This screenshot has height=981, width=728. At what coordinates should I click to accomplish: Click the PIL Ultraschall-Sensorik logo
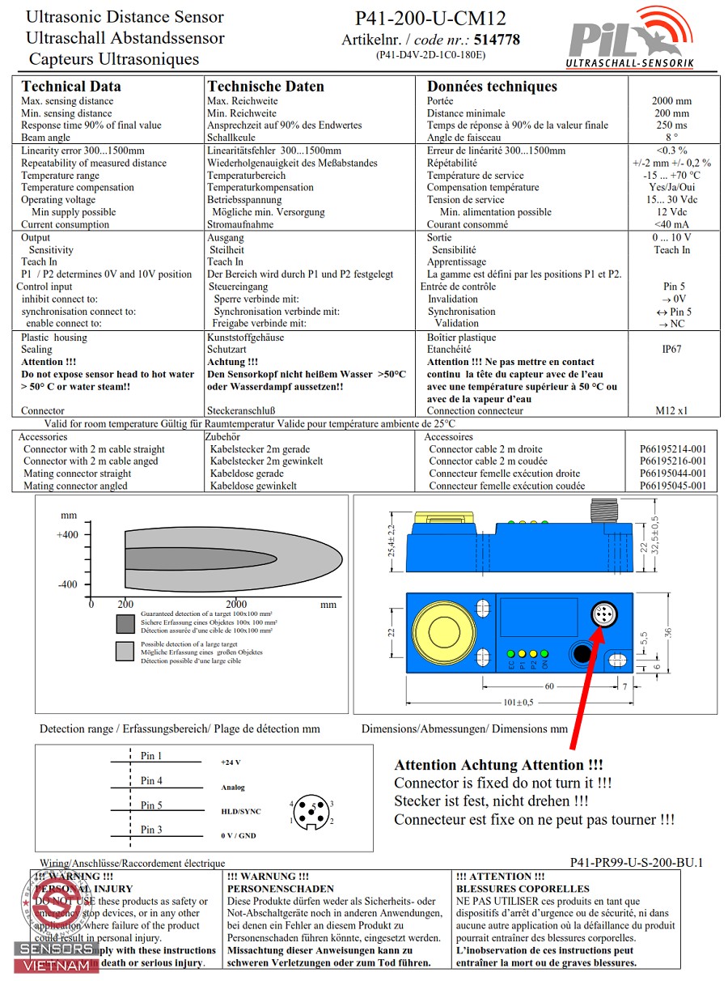[x=629, y=38]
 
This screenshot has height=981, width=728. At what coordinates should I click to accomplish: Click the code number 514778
[x=497, y=40]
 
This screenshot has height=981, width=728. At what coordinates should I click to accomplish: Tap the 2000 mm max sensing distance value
[x=671, y=101]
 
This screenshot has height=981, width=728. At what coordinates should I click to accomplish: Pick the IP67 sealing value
[x=671, y=350]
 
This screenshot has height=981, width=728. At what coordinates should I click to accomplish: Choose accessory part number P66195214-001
[x=672, y=449]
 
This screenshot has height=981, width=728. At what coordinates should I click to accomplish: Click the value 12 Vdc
[x=671, y=212]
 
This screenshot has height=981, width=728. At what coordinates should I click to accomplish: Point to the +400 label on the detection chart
[x=68, y=534]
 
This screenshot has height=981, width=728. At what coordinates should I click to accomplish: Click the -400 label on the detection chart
[x=68, y=584]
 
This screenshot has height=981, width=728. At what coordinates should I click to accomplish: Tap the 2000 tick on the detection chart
[x=236, y=604]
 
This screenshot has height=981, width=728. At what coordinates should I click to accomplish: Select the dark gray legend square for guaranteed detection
[x=125, y=623]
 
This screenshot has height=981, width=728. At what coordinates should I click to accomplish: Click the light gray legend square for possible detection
[x=125, y=651]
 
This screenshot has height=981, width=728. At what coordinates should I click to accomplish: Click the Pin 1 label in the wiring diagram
[x=151, y=756]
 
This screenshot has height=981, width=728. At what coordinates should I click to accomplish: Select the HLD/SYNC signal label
[x=240, y=810]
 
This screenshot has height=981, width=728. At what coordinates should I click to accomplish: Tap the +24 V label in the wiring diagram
[x=231, y=762]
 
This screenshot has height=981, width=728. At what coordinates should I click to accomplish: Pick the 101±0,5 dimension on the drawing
[x=518, y=702]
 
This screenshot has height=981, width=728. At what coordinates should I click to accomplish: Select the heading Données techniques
[x=492, y=87]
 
